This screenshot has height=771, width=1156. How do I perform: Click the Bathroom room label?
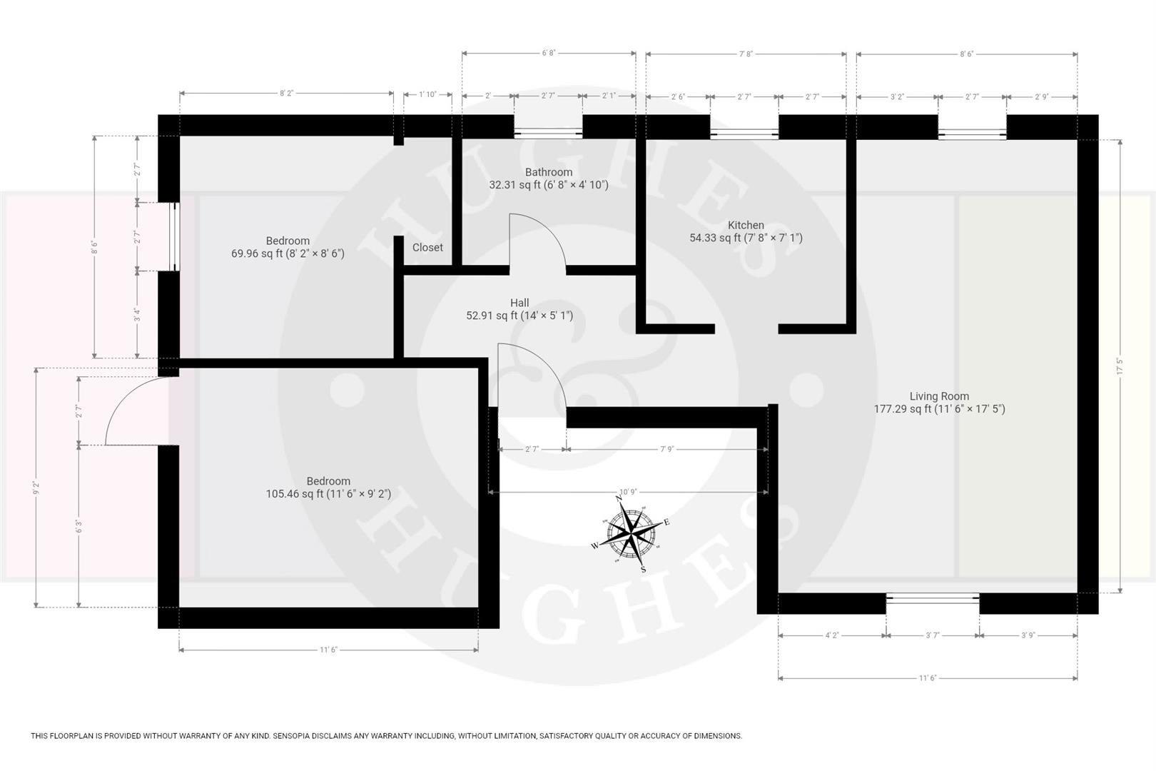pyautogui.click(x=548, y=172)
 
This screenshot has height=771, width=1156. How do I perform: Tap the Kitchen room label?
pyautogui.click(x=746, y=225)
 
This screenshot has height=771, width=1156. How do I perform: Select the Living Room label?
pyautogui.click(x=939, y=396)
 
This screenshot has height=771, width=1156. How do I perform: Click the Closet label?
pyautogui.click(x=427, y=247)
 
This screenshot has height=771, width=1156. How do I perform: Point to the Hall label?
pyautogui.click(x=519, y=303)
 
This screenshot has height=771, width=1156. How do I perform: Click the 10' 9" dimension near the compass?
pyautogui.click(x=628, y=492)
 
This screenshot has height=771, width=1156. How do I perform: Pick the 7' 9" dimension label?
pyautogui.click(x=666, y=449)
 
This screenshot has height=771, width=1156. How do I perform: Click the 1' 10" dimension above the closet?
pyautogui.click(x=427, y=94)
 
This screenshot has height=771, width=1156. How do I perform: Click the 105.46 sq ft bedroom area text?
pyautogui.click(x=328, y=493)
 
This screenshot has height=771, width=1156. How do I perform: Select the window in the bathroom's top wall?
pyautogui.click(x=548, y=132)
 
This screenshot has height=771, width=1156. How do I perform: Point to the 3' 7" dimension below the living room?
pyautogui.click(x=932, y=635)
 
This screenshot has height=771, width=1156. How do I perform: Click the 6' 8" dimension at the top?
pyautogui.click(x=548, y=53)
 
